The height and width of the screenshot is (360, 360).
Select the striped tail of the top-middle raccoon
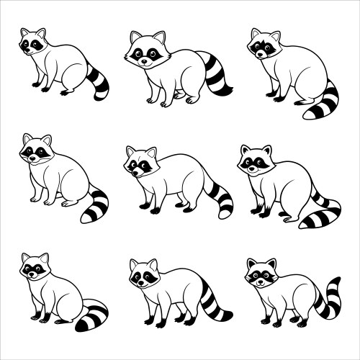pyautogui.click(x=215, y=74)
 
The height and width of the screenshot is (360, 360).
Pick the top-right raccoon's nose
pyautogui.click(x=260, y=54)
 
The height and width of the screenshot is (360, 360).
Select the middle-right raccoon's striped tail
pyautogui.click(x=322, y=213)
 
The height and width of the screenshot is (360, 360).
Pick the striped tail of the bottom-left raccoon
pyautogui.click(x=92, y=316)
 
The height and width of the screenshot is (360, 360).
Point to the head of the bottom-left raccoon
pyautogui.click(x=34, y=268)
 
